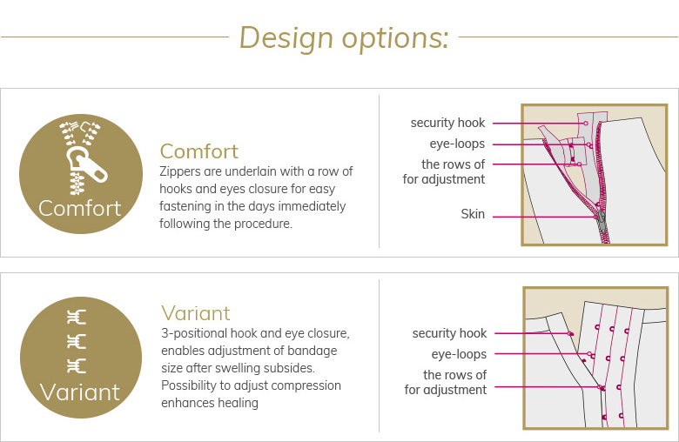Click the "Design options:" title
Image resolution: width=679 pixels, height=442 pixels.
(x=344, y=37)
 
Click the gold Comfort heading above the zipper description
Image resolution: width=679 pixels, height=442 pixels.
(x=198, y=151)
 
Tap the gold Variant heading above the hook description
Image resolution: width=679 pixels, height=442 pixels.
(x=196, y=313)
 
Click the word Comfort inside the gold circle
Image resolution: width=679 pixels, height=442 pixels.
(x=80, y=208)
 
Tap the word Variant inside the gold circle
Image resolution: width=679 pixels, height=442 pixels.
(x=80, y=392)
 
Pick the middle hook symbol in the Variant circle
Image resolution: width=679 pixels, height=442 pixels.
(x=77, y=342)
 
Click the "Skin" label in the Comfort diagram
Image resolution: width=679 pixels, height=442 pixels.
(x=473, y=214)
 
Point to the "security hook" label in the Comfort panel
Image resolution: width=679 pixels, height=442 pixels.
(x=447, y=123)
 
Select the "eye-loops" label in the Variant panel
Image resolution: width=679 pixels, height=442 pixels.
(x=459, y=354)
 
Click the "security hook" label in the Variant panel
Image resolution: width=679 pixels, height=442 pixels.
(x=449, y=333)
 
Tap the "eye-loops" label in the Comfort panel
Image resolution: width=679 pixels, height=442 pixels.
(x=457, y=144)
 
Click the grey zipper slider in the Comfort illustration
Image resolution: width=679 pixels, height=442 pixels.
(x=601, y=220)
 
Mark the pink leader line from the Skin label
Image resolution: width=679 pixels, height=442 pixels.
(x=545, y=217)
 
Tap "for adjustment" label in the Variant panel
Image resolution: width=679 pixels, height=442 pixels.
(x=446, y=390)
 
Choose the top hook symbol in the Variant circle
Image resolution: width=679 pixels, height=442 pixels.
(x=77, y=318)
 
